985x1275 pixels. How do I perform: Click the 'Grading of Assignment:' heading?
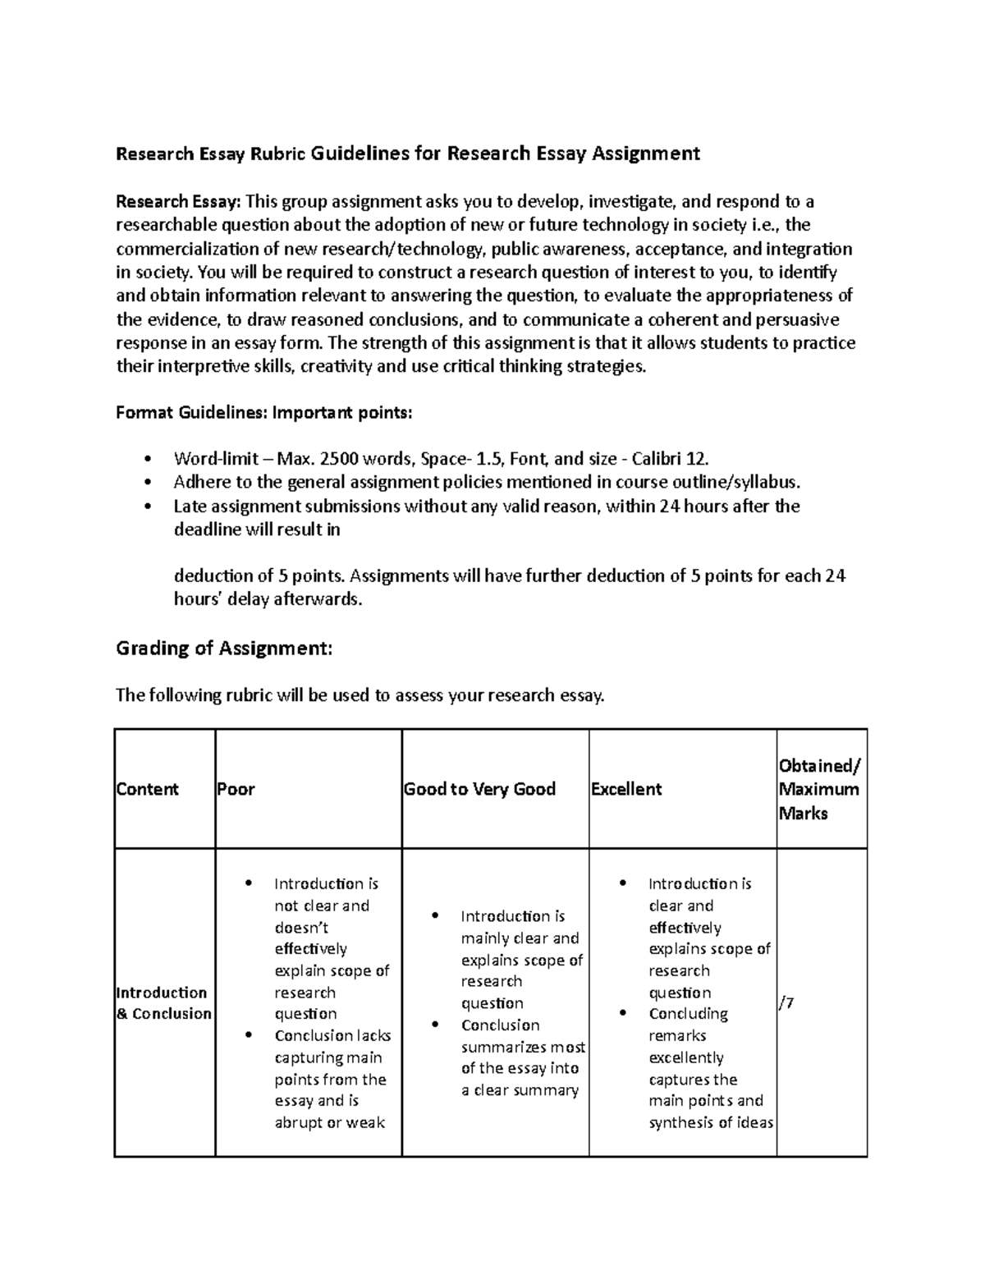[x=224, y=649]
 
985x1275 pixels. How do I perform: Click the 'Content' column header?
[x=147, y=790]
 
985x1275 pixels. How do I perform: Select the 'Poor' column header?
[x=236, y=790]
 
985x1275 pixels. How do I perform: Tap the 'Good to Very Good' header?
[x=479, y=790]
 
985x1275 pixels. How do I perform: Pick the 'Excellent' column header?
[x=626, y=790]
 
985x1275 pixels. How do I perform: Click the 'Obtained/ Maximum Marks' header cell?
[x=818, y=790]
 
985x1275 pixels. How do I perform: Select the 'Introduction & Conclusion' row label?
[x=163, y=1002]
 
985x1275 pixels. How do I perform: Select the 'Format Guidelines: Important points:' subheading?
[x=263, y=413]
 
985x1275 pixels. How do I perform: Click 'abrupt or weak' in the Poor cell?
[x=329, y=1122]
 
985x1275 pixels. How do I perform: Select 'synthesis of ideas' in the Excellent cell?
[x=711, y=1122]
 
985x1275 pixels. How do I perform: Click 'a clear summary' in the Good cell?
[x=520, y=1090]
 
